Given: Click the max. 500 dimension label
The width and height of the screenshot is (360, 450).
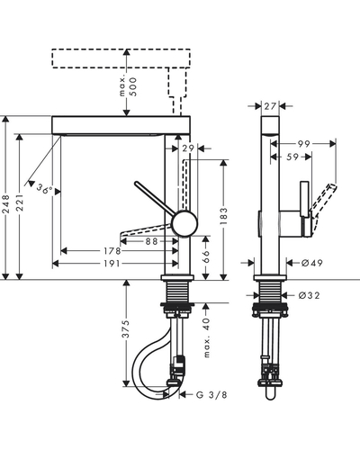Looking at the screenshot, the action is pyautogui.click(x=128, y=86).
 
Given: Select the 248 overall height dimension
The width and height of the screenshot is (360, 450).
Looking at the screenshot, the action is pyautogui.click(x=6, y=204).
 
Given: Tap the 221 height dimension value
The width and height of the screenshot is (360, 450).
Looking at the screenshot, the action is pyautogui.click(x=20, y=202).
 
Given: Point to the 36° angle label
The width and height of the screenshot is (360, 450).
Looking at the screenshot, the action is pyautogui.click(x=45, y=189).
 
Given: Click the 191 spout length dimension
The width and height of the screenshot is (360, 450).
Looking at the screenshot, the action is pyautogui.click(x=112, y=264).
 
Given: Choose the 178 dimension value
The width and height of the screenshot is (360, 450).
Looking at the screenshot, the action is pyautogui.click(x=112, y=250).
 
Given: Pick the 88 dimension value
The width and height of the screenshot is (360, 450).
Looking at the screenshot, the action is pyautogui.click(x=151, y=241).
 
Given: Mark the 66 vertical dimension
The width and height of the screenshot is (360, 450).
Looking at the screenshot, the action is pyautogui.click(x=205, y=257).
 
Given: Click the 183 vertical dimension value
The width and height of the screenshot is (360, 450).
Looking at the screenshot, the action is pyautogui.click(x=223, y=216).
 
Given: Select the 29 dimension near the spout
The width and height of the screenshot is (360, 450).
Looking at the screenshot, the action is pyautogui.click(x=188, y=148).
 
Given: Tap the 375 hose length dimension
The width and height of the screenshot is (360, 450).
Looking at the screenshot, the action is pyautogui.click(x=126, y=329).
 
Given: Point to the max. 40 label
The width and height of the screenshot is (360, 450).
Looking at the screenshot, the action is pyautogui.click(x=207, y=337).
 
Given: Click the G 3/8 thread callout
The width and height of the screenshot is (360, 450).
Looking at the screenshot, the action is pyautogui.click(x=211, y=395).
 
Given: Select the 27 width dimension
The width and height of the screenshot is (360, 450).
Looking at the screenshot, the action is pyautogui.click(x=270, y=106).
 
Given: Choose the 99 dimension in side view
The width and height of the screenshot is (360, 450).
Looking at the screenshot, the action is pyautogui.click(x=303, y=144).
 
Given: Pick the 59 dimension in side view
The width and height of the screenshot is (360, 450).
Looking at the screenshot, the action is pyautogui.click(x=292, y=157).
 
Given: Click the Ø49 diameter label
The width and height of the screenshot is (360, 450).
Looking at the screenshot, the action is pyautogui.click(x=312, y=263).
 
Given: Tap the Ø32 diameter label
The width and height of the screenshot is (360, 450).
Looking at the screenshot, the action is pyautogui.click(x=310, y=296).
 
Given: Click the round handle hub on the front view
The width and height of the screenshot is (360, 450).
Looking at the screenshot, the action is pyautogui.click(x=184, y=223).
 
